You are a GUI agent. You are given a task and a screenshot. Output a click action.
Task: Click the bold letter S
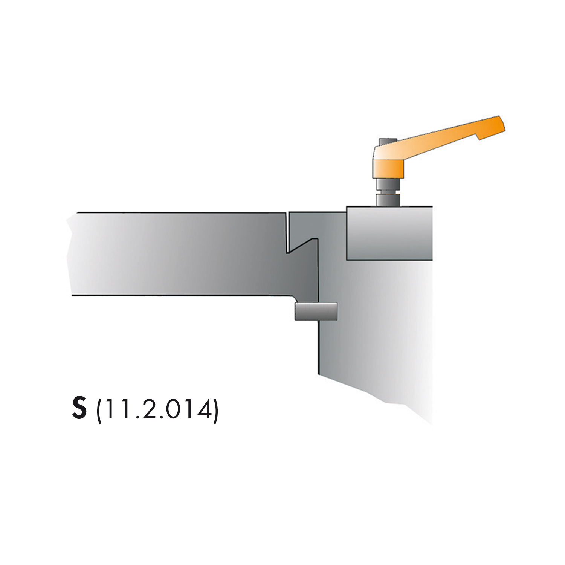point(79,410)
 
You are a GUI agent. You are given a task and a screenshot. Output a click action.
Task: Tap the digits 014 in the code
point(191,410)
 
